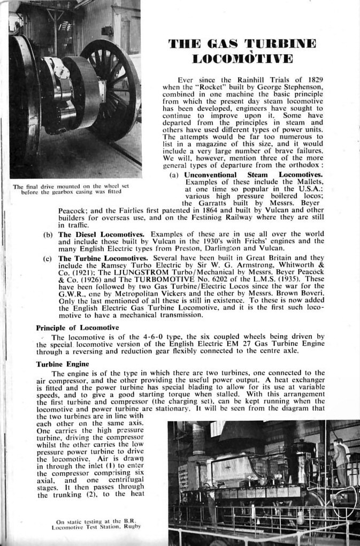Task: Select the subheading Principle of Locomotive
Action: point(77,327)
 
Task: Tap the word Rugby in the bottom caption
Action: point(132,527)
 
